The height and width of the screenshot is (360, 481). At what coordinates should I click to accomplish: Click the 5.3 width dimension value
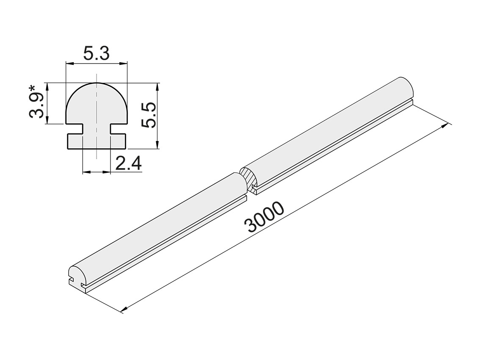97,54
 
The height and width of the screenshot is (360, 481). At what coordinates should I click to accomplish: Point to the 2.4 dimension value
128,163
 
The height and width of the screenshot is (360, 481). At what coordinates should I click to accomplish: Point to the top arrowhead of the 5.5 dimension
157,86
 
